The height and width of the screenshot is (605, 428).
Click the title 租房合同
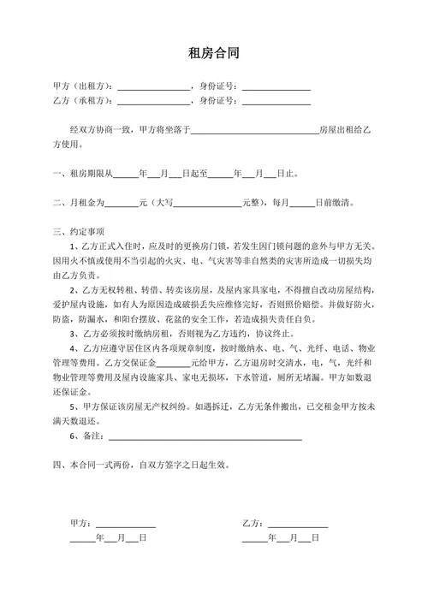[213, 54]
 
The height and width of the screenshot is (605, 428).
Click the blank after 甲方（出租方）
[154, 87]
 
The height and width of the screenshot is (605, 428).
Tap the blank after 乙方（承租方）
[154, 101]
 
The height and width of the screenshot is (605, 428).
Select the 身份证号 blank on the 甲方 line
[276, 87]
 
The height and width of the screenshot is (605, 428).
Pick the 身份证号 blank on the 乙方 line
[276, 101]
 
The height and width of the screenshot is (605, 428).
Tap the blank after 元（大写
[208, 203]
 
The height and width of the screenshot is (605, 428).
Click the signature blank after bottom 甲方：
[125, 523]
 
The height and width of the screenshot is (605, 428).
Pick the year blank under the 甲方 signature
[82, 538]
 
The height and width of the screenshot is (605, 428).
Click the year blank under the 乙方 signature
[254, 538]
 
